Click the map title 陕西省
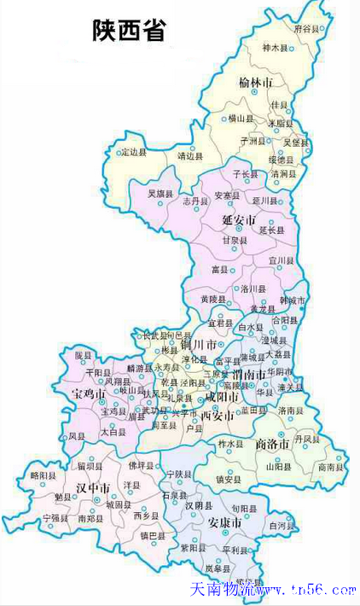[129, 32]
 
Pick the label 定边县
[133, 152]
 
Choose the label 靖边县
[189, 156]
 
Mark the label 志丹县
[195, 201]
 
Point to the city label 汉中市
[92, 487]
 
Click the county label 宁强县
[53, 518]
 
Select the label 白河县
[281, 527]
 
